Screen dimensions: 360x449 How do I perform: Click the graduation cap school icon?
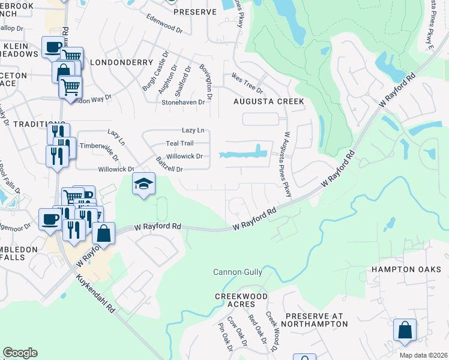[143, 184]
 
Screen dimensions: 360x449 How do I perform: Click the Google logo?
[20, 353]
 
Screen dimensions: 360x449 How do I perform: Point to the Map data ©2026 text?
[423, 355]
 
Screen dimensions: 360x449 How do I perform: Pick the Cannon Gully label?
[238, 272]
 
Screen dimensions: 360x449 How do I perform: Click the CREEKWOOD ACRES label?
[240, 301]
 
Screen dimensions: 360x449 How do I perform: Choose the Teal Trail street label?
[179, 143]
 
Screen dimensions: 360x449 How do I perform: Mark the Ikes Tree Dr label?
[247, 83]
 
